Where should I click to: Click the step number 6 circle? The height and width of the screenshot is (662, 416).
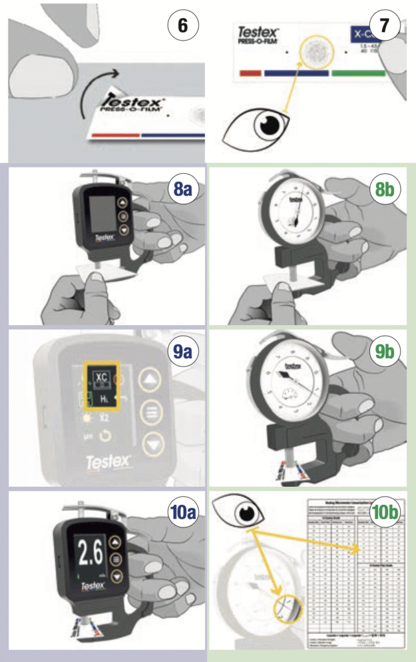(182, 27)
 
